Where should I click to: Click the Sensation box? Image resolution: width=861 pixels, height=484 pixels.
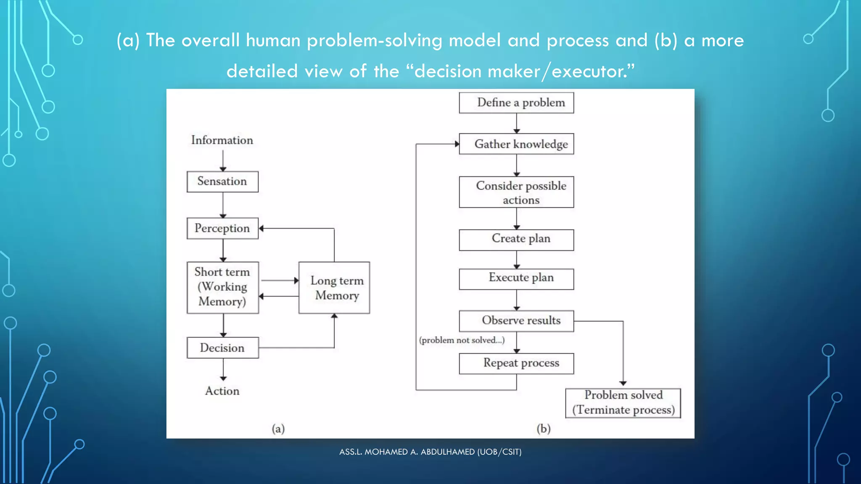[x=222, y=181]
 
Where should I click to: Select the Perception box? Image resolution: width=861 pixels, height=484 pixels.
[x=222, y=228]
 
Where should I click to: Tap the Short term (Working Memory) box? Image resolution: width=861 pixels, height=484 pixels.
[x=222, y=287]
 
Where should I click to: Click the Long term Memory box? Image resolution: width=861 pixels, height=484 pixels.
[x=334, y=288]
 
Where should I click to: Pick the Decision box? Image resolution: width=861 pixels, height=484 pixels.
[x=222, y=348]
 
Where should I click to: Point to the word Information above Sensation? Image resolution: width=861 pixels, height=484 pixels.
[x=222, y=140]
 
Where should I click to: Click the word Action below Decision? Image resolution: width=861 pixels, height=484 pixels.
[x=222, y=391]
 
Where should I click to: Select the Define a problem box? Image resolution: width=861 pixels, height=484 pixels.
[x=516, y=103]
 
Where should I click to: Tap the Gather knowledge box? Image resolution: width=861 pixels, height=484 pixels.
[x=516, y=144]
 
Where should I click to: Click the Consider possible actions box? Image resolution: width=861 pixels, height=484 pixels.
[x=516, y=192]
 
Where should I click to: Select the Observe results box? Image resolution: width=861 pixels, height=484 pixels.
[x=516, y=321]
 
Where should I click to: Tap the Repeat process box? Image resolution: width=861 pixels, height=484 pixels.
[x=516, y=363]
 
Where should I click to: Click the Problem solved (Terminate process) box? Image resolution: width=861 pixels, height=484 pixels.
[x=623, y=402]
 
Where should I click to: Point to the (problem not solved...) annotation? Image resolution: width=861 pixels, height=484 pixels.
[x=462, y=340]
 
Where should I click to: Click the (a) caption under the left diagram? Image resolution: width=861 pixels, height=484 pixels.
[x=278, y=429]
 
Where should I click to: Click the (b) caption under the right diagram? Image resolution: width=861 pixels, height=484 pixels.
[x=543, y=429]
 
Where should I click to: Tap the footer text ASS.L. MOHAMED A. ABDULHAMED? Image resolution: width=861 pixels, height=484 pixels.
[x=430, y=452]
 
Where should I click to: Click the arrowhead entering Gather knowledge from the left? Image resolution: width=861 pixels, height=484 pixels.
[x=457, y=144]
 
